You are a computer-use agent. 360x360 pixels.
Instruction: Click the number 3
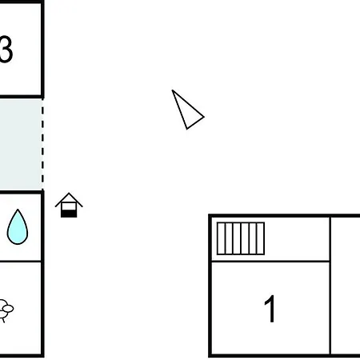(x=6, y=50)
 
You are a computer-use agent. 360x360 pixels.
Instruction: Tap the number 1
(x=270, y=309)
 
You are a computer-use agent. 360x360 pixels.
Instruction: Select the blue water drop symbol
(x=18, y=227)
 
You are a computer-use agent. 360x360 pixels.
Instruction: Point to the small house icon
(x=69, y=205)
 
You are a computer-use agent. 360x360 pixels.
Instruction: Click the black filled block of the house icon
(x=69, y=214)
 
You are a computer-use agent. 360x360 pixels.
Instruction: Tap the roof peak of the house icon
(x=69, y=193)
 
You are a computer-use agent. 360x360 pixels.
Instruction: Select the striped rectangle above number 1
(x=241, y=238)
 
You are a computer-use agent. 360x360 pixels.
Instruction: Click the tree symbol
(x=6, y=310)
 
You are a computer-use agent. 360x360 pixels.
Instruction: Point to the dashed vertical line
(x=42, y=144)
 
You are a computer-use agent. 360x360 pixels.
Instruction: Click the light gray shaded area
(x=21, y=144)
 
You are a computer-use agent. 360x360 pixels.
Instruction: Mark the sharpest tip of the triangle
(x=173, y=90)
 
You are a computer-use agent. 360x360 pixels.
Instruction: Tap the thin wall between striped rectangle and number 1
(x=270, y=262)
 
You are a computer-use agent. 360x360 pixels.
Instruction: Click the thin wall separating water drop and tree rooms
(x=21, y=262)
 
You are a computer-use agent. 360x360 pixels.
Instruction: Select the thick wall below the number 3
(x=22, y=97)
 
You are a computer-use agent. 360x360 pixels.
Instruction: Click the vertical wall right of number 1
(x=330, y=286)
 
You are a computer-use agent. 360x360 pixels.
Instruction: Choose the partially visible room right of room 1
(x=346, y=286)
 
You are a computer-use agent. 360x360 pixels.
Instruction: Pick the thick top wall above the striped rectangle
(x=284, y=215)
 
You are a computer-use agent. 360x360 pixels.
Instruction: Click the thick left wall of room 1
(x=210, y=286)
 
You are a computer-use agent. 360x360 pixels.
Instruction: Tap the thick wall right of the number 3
(x=42, y=50)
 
